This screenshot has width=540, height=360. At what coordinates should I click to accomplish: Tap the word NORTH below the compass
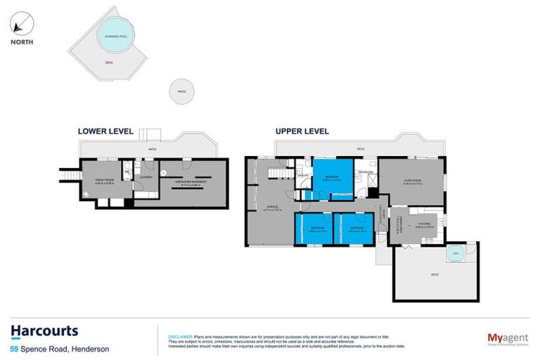[21, 41]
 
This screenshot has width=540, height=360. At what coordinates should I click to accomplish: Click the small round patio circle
[181, 91]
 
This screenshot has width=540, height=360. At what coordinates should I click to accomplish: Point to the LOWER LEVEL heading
[105, 131]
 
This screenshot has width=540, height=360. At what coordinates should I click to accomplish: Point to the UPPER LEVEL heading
[302, 131]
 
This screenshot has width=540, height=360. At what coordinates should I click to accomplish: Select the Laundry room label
[146, 177]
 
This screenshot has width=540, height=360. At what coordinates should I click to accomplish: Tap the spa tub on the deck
[455, 254]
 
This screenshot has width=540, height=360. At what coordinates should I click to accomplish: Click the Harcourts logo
[44, 331]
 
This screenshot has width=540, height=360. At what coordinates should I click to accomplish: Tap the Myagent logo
[508, 339]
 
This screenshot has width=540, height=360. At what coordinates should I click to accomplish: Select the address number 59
[14, 349]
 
